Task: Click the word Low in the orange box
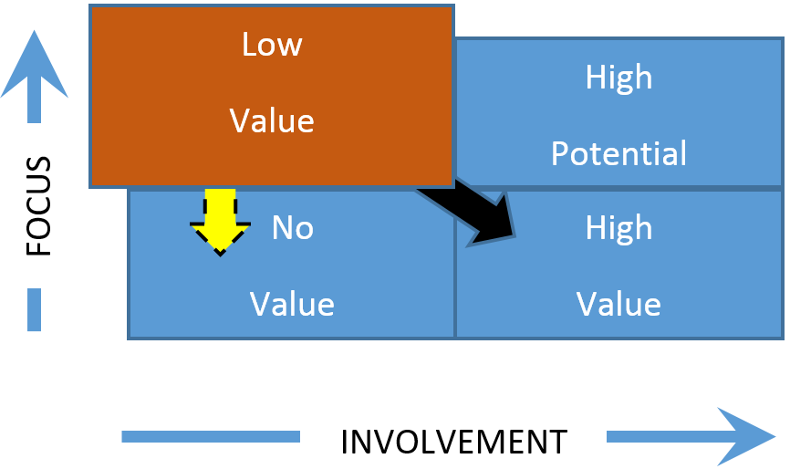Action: tap(271, 45)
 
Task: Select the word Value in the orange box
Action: tap(271, 121)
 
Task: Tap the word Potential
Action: tap(618, 153)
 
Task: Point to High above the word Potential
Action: tap(618, 78)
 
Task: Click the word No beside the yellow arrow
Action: tap(292, 228)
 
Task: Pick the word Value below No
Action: tap(292, 304)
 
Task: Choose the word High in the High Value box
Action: tap(618, 228)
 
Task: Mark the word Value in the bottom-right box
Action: tap(618, 304)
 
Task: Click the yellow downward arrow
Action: tap(220, 220)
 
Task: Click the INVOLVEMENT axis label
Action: tap(453, 443)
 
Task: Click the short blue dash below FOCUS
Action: tap(35, 309)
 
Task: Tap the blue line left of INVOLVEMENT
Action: tap(211, 436)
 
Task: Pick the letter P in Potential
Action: tap(560, 153)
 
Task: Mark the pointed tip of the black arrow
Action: tap(513, 235)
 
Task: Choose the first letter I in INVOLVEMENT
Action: tap(345, 443)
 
